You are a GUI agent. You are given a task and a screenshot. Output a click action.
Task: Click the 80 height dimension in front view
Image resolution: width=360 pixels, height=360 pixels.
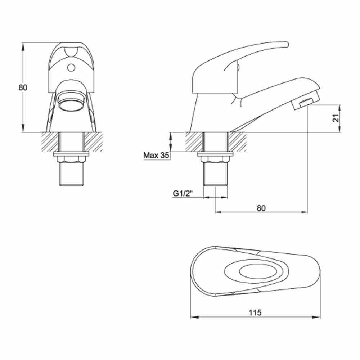click(x=23, y=87)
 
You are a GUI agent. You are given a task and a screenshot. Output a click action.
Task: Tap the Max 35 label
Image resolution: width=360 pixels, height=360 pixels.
click(x=156, y=156)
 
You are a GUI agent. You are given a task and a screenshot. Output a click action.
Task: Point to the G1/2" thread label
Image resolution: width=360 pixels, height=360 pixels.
click(x=183, y=194)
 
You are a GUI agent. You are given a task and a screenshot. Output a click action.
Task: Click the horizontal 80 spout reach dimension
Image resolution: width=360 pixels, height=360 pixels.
click(x=261, y=208)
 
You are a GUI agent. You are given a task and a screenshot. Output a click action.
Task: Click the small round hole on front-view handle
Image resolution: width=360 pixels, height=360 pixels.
click(x=71, y=67)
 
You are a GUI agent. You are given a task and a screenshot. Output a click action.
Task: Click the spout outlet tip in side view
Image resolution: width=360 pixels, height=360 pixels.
click(x=305, y=103)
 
